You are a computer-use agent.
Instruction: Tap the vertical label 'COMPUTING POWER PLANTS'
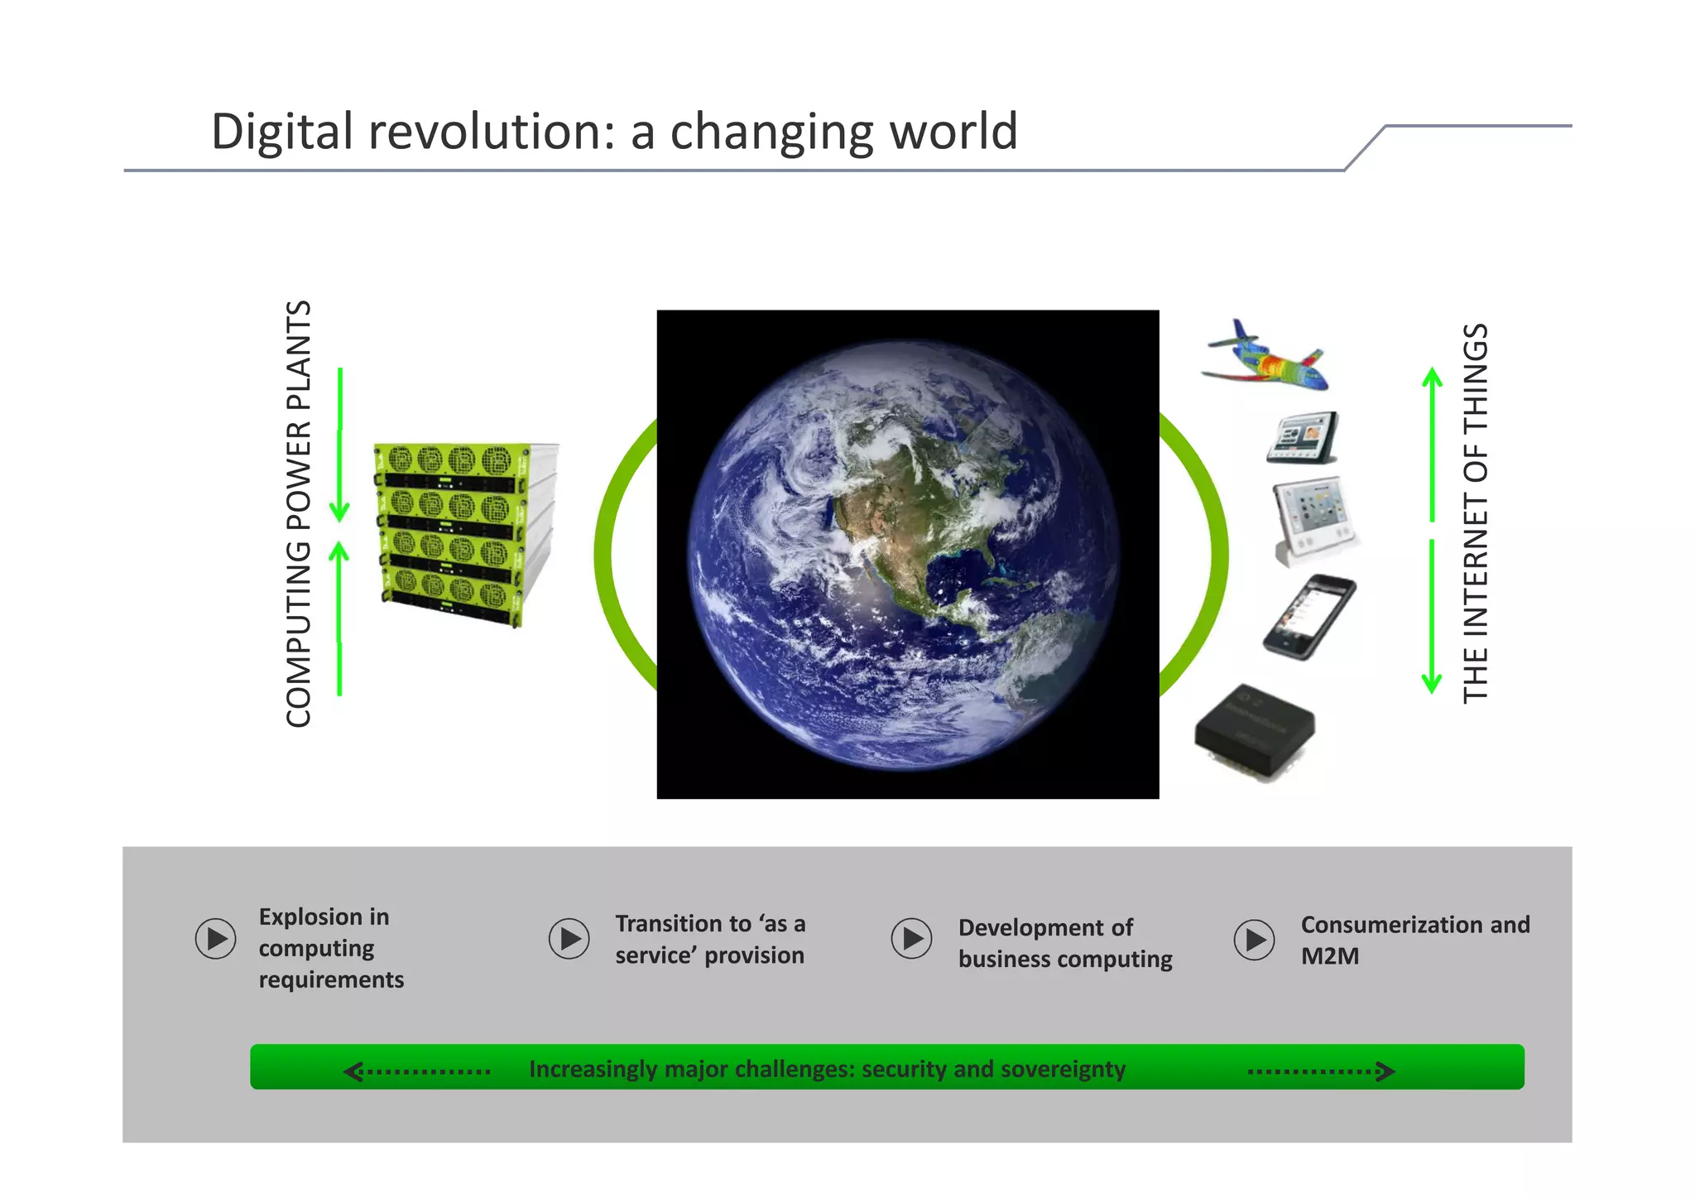pyautogui.click(x=298, y=514)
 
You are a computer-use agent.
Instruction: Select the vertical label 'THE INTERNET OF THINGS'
pyautogui.click(x=1475, y=513)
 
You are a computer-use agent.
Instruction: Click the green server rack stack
pyautogui.click(x=463, y=534)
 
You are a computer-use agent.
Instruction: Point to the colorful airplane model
pyautogui.click(x=1265, y=357)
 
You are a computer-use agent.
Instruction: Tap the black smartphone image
pyautogui.click(x=1309, y=617)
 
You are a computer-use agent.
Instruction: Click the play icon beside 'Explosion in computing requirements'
pyautogui.click(x=216, y=939)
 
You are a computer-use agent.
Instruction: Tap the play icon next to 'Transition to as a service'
pyautogui.click(x=569, y=939)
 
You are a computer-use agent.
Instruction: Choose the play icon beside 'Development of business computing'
pyautogui.click(x=911, y=939)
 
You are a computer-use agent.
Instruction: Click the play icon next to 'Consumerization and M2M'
pyautogui.click(x=1255, y=940)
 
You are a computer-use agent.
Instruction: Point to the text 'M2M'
pyautogui.click(x=1329, y=956)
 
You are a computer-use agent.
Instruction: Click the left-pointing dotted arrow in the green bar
pyautogui.click(x=417, y=1071)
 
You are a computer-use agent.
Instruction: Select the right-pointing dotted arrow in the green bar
pyautogui.click(x=1321, y=1071)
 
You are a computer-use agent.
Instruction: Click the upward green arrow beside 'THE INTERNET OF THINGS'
pyautogui.click(x=1432, y=443)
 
